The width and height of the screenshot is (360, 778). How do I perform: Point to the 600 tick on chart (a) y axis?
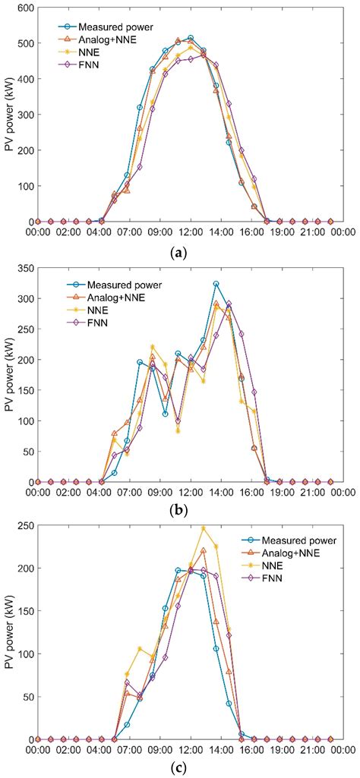pyautogui.click(x=24, y=8)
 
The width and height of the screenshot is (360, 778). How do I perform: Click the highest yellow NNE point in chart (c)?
pyautogui.click(x=203, y=528)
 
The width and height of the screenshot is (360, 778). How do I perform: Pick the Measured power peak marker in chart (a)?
pyautogui.click(x=191, y=38)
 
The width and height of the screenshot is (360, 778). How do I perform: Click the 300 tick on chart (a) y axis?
pyautogui.click(x=24, y=115)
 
